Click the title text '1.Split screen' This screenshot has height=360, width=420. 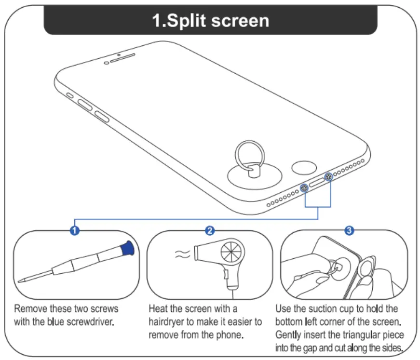[x=211, y=21]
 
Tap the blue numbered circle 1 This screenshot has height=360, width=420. [x=75, y=231]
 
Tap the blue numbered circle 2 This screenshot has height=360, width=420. [x=210, y=231]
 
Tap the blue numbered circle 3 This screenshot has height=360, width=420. [x=349, y=231]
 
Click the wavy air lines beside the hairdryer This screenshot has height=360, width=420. [x=182, y=254]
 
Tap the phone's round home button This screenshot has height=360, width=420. [x=302, y=168]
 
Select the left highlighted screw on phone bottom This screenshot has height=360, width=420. [x=304, y=188]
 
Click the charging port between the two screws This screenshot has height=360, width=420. [x=316, y=183]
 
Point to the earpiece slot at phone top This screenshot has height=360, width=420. [x=119, y=57]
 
